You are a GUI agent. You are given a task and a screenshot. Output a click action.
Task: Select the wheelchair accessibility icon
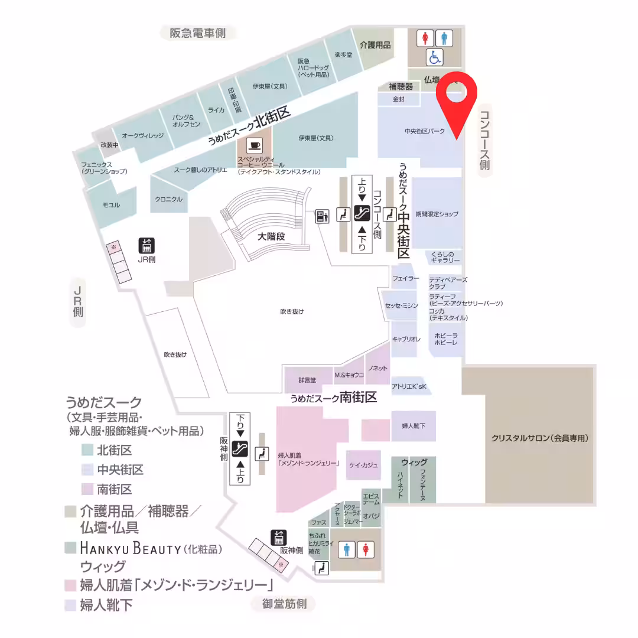(435, 57)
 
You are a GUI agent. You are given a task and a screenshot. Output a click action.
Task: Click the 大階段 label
(271, 236)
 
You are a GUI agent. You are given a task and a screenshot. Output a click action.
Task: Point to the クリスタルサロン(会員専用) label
(541, 438)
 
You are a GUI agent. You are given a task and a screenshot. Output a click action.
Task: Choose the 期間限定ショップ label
(437, 214)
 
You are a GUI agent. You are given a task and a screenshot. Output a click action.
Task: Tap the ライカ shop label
(216, 110)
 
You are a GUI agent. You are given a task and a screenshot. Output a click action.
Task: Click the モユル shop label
(111, 205)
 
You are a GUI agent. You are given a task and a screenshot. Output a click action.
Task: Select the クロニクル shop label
(169, 199)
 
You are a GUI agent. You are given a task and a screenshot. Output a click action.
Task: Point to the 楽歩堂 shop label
(343, 55)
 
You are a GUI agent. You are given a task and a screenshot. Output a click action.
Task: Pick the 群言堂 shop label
(307, 379)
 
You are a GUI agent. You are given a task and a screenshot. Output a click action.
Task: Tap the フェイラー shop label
(405, 278)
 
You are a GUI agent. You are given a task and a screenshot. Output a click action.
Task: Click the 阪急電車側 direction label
(198, 33)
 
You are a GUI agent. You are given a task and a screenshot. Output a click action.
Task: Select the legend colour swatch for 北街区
(87, 450)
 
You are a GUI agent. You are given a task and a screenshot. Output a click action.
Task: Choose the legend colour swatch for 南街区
(87, 489)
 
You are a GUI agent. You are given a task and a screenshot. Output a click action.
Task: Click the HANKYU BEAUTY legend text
(130, 549)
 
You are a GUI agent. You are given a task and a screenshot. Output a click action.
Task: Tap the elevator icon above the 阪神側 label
(278, 538)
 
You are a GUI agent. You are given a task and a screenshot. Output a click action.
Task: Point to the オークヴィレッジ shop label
(142, 136)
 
